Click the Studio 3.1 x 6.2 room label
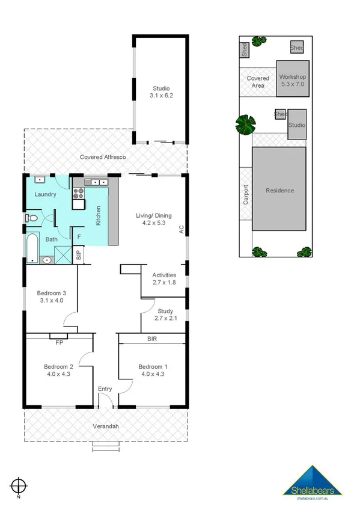(x=161, y=92)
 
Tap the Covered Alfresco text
(x=103, y=157)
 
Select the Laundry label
(x=45, y=194)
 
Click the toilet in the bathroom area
(x=32, y=218)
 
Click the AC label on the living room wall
(x=180, y=229)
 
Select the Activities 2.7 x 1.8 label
(x=164, y=278)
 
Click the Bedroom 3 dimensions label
(x=51, y=296)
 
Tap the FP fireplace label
(x=59, y=343)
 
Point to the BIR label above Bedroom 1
(x=153, y=339)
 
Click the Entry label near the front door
(x=105, y=389)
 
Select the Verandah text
(x=105, y=426)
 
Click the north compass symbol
(x=19, y=485)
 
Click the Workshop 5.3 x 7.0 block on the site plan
(x=293, y=81)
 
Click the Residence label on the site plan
(x=280, y=191)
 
